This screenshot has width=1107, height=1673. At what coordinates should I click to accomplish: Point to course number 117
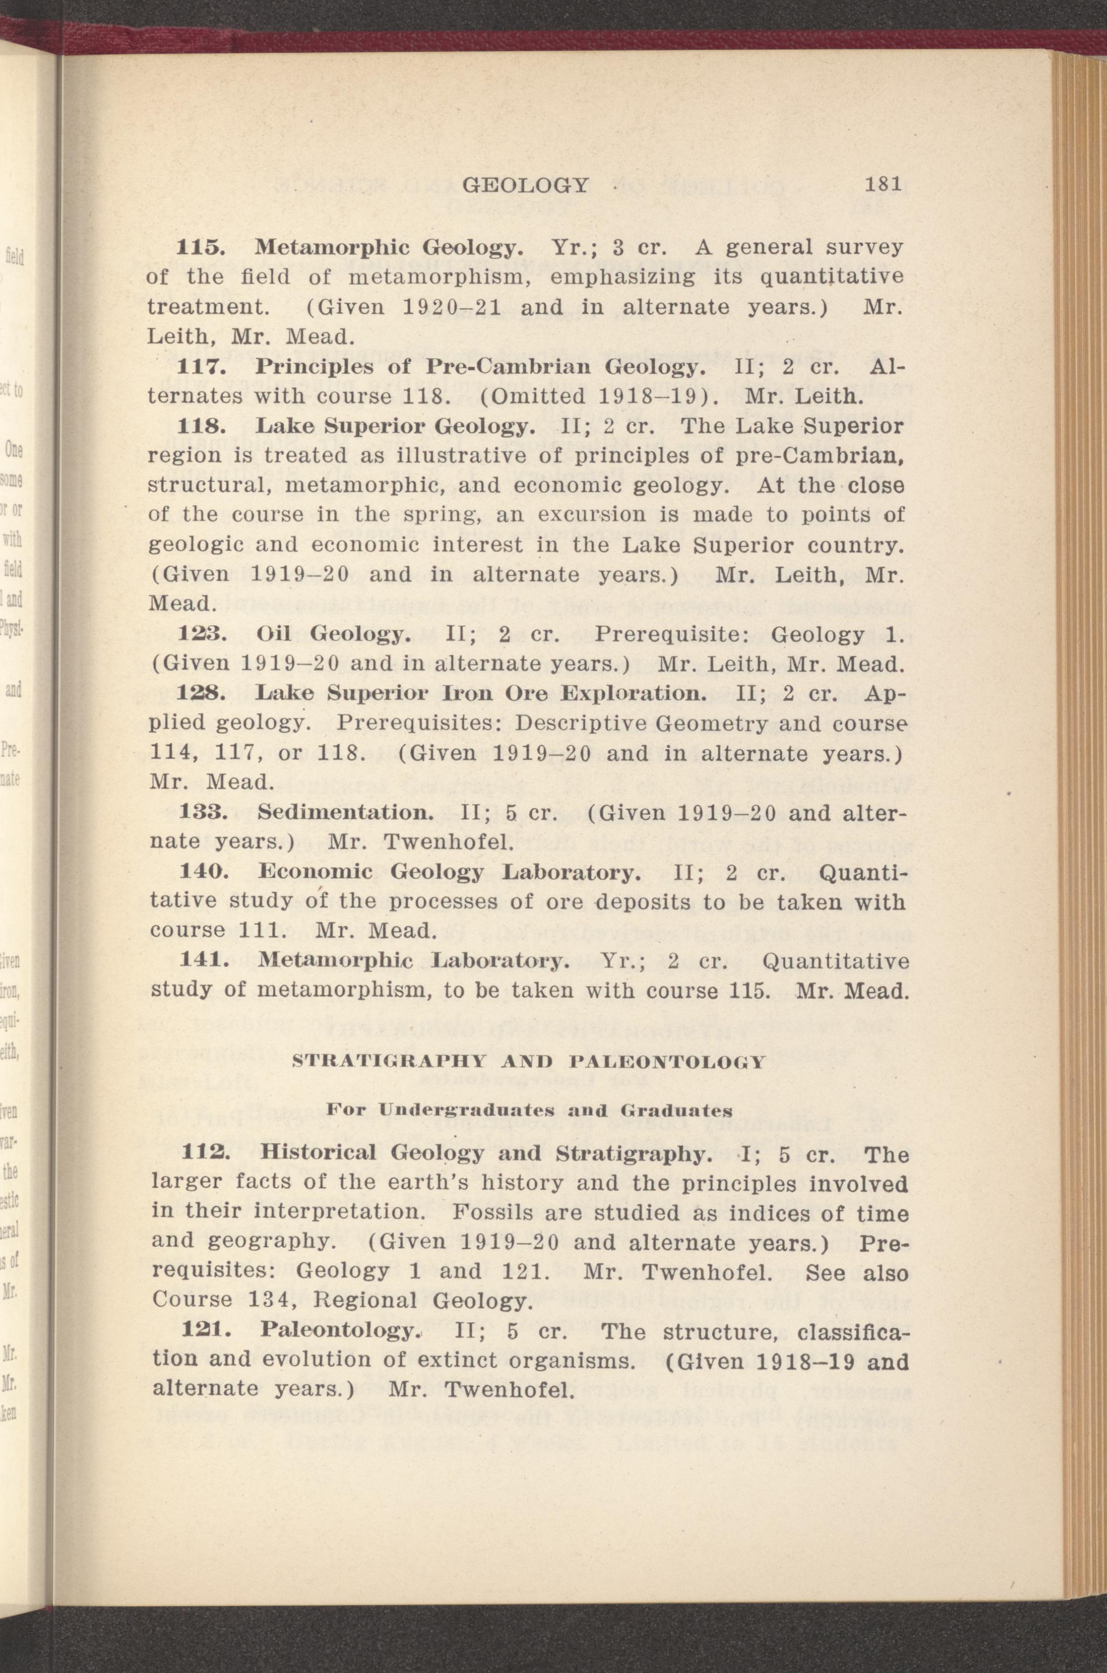[x=200, y=368]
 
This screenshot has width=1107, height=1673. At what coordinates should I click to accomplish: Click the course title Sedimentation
[x=345, y=813]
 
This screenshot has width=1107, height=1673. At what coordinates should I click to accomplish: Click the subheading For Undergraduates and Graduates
[x=528, y=1109]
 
